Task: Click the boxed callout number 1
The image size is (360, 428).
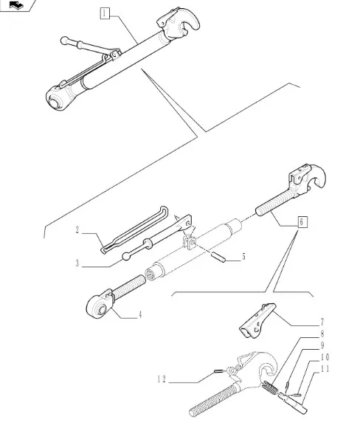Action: tap(105, 13)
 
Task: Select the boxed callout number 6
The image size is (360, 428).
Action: tap(301, 221)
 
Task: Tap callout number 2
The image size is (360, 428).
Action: tap(77, 230)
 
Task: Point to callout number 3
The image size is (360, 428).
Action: tap(77, 263)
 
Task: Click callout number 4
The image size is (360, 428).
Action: tap(140, 314)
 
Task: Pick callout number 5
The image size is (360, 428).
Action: tap(243, 257)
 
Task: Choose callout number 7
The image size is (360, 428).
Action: tap(322, 322)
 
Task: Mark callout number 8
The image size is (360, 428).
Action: tap(322, 334)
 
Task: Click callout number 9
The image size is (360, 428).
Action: tap(322, 345)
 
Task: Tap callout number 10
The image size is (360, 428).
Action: tap(325, 357)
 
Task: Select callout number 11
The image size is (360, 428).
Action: tap(325, 369)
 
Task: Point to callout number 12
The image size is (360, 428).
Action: tap(162, 379)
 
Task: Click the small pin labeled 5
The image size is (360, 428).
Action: tap(218, 258)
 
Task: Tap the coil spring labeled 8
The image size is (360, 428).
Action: tap(269, 387)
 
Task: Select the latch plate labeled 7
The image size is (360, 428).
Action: tap(257, 321)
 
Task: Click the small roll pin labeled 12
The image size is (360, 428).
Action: tap(218, 370)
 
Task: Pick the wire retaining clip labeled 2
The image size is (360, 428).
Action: tap(134, 230)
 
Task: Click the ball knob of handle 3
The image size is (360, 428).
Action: tap(126, 256)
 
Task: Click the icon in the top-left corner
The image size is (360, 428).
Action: tap(16, 5)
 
